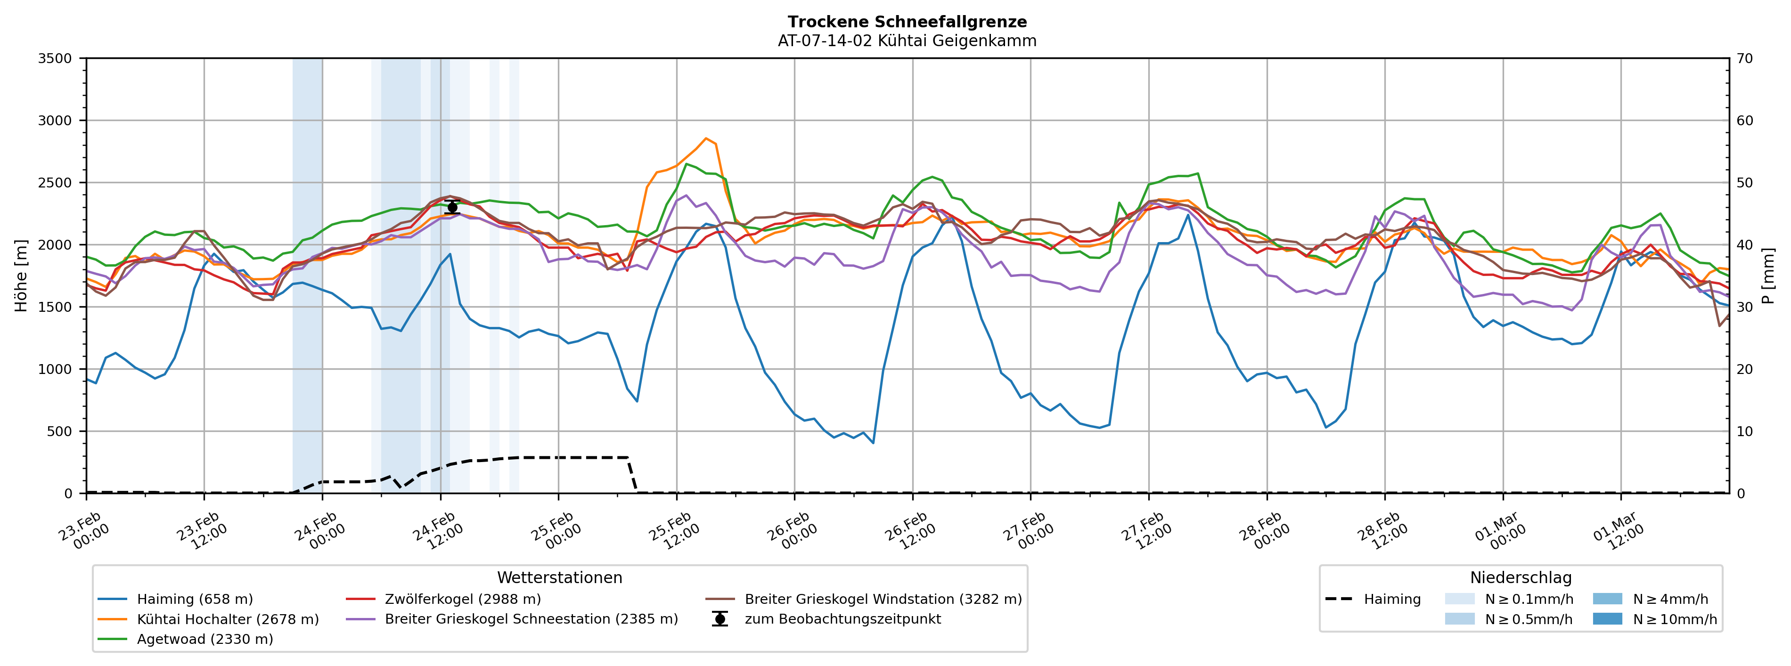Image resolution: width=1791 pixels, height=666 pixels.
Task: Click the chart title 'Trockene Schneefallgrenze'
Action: (x=907, y=22)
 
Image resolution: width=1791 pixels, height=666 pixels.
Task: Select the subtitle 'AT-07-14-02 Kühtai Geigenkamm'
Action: (x=907, y=41)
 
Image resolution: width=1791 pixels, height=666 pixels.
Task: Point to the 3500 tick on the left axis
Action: (x=55, y=58)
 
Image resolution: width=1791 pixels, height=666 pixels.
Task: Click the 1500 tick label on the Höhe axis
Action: (x=55, y=307)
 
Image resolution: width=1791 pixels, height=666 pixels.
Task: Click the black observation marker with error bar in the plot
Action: (x=452, y=207)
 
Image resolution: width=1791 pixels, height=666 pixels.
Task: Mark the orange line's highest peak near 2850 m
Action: (x=706, y=138)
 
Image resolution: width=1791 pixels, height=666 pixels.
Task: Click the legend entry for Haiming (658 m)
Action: (x=195, y=599)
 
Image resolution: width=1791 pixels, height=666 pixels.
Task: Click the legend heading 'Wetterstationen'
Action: (x=560, y=578)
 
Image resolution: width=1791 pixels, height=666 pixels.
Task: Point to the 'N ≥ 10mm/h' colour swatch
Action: (x=1607, y=619)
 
